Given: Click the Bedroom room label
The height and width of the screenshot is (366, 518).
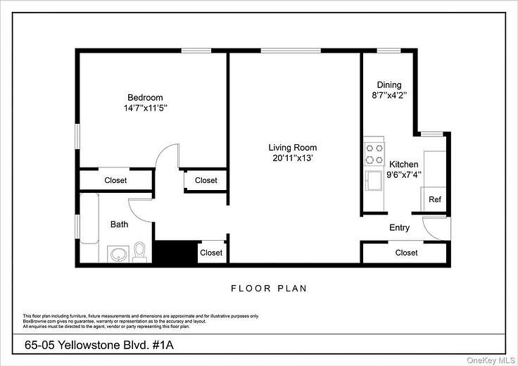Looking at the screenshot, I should click(145, 97).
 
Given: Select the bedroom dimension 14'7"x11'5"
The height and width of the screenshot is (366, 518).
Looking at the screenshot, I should click(145, 108).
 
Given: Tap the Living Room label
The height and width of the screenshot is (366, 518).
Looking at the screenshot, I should click(292, 147).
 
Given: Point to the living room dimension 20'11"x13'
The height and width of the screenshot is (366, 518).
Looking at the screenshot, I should click(292, 158).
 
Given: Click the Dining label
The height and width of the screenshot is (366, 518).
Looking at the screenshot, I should click(389, 83).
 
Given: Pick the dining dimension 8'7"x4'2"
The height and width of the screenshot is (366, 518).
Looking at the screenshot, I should click(389, 94).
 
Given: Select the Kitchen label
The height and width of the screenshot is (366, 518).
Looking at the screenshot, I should click(404, 163).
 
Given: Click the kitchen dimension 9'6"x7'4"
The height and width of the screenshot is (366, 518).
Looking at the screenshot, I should click(404, 175).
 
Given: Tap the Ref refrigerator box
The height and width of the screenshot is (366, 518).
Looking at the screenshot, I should click(435, 200).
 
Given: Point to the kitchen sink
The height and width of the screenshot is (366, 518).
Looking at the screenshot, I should click(373, 182).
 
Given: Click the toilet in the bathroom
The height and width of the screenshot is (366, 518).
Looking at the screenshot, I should click(139, 252).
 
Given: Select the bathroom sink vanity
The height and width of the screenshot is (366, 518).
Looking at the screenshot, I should click(117, 253).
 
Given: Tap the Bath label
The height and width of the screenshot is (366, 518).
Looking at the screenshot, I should click(119, 225).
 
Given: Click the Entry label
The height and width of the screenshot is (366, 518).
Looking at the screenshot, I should click(399, 227).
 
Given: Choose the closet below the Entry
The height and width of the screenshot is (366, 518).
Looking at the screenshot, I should click(406, 252).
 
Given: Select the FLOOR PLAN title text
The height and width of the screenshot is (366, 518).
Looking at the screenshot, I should click(269, 289).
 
